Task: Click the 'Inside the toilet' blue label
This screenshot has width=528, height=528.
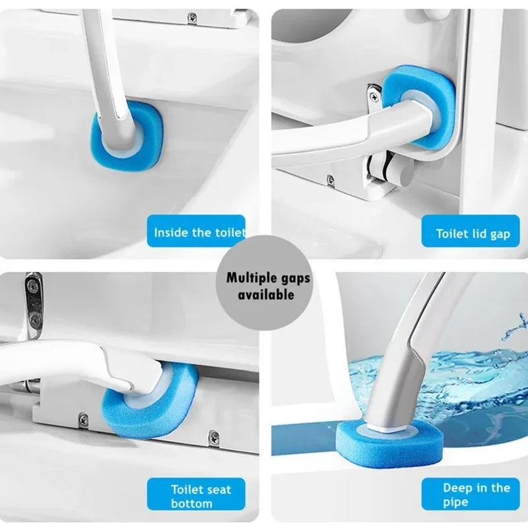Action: [196, 231]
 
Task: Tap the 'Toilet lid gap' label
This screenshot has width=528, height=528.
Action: [471, 231]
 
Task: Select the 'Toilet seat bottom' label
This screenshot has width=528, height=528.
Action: [196, 494]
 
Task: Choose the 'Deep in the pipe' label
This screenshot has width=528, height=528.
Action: [471, 494]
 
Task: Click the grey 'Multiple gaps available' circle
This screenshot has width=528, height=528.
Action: [265, 284]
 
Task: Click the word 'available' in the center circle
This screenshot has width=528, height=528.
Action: [266, 295]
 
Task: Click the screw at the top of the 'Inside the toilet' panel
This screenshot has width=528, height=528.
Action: [193, 16]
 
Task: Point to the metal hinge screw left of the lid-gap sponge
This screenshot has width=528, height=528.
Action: [374, 97]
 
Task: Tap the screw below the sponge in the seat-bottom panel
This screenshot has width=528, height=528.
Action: [84, 420]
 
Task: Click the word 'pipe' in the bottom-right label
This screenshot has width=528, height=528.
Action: [455, 503]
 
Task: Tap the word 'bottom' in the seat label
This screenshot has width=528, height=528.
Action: [191, 504]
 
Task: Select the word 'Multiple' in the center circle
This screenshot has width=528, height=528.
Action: [249, 278]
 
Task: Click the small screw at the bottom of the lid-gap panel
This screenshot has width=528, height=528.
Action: [331, 179]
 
